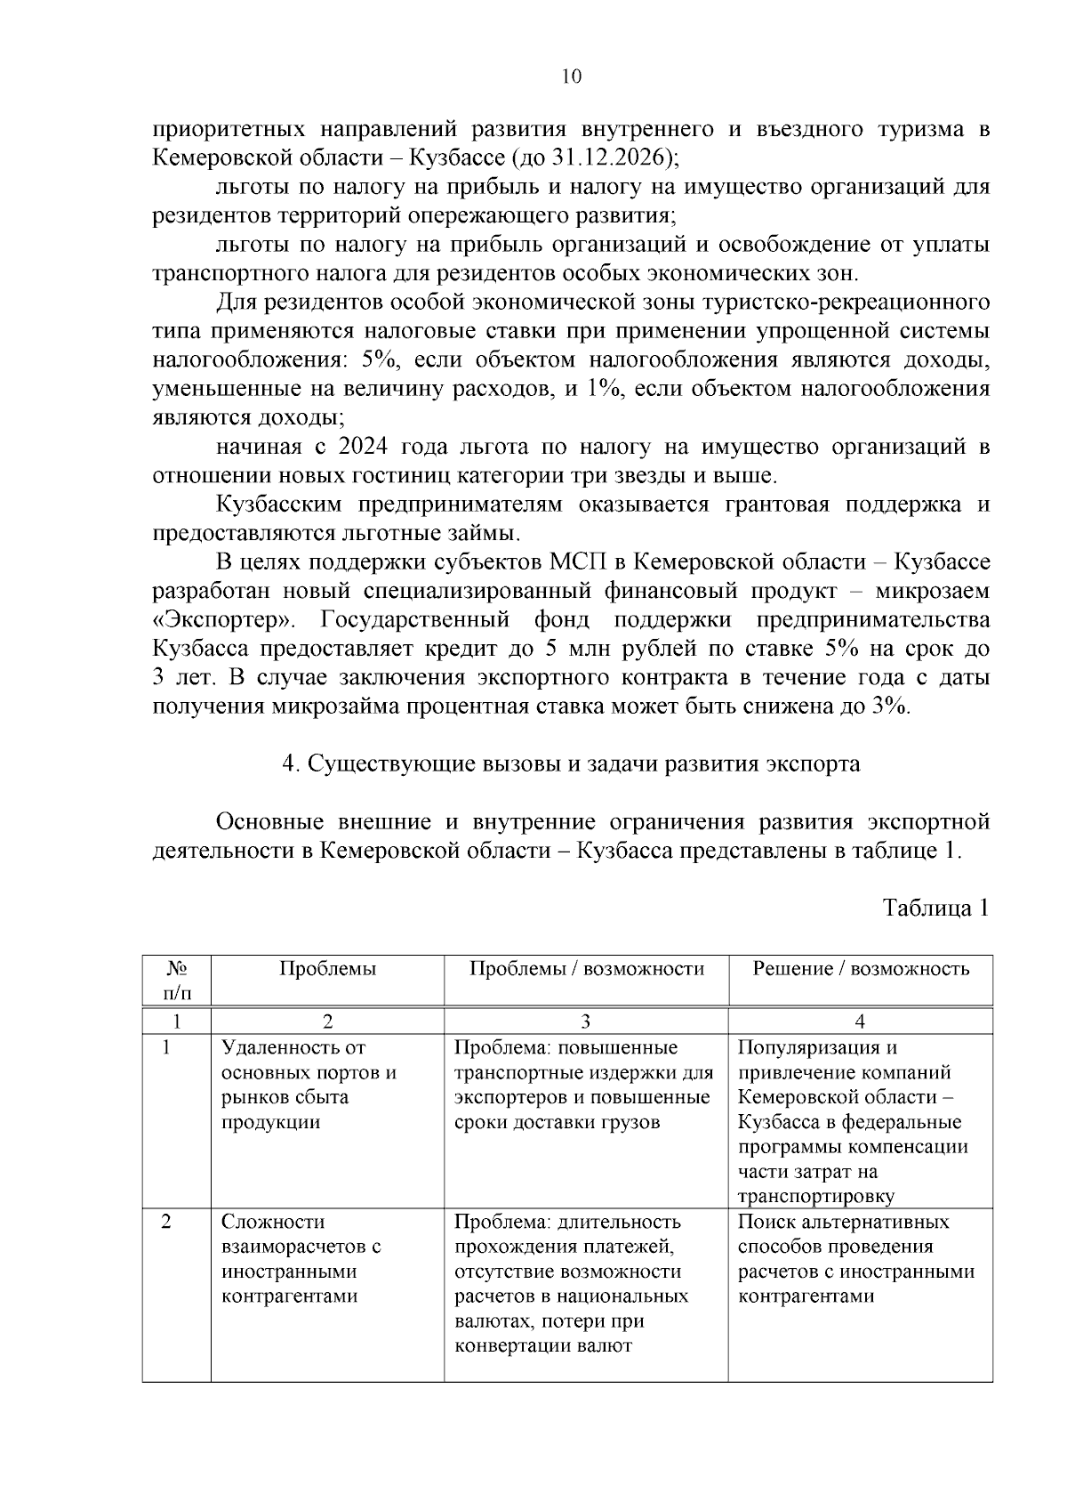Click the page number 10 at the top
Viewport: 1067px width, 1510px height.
(x=572, y=77)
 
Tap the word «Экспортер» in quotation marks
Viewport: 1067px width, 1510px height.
(x=226, y=619)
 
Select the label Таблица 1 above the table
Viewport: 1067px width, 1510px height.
(x=935, y=908)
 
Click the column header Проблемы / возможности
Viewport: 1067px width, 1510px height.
(x=586, y=969)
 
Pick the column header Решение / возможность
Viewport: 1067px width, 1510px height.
(x=860, y=969)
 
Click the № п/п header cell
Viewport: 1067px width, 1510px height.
(x=177, y=980)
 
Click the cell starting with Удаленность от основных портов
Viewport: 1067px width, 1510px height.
(x=308, y=1085)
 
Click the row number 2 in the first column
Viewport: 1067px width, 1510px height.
(x=166, y=1222)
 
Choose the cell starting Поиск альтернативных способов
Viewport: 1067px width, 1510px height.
(x=855, y=1259)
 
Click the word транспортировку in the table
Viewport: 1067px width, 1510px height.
(x=815, y=1197)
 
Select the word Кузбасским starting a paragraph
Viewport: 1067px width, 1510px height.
(x=279, y=505)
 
